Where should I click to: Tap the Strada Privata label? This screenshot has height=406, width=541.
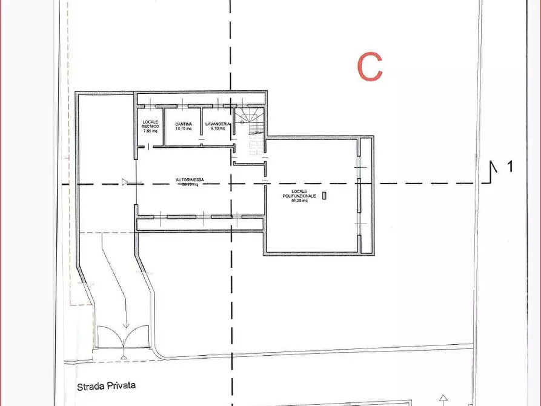tap(106, 385)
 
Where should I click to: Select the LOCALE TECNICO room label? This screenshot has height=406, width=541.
tap(150, 124)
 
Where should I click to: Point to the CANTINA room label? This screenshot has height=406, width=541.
tap(184, 124)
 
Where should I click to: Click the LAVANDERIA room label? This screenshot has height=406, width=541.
tap(217, 124)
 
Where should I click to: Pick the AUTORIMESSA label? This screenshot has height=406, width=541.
tap(190, 180)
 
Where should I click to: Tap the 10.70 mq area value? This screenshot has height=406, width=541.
tap(184, 128)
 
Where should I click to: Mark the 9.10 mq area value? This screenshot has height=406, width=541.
tap(217, 128)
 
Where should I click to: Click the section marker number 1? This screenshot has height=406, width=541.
tap(509, 166)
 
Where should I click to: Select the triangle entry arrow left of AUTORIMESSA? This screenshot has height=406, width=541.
tap(125, 182)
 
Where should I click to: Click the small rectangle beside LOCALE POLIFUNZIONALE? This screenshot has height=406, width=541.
tap(324, 196)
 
